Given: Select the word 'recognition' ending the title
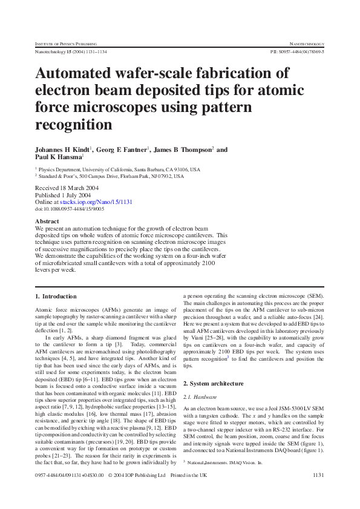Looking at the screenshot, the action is pos(74,125).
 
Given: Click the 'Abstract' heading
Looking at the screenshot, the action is pos(47,222).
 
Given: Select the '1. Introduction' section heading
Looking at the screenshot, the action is pos(56,297).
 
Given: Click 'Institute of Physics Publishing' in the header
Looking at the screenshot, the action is pos(67,44).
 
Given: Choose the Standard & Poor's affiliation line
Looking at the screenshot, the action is pos(113,176).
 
